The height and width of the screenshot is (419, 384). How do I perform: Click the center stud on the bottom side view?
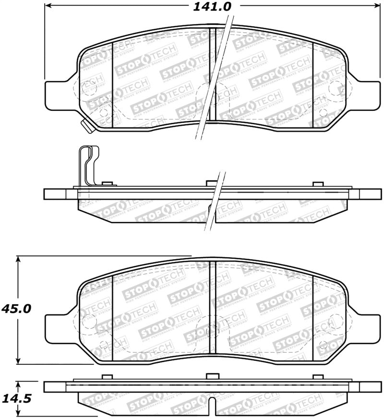point(212,377)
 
